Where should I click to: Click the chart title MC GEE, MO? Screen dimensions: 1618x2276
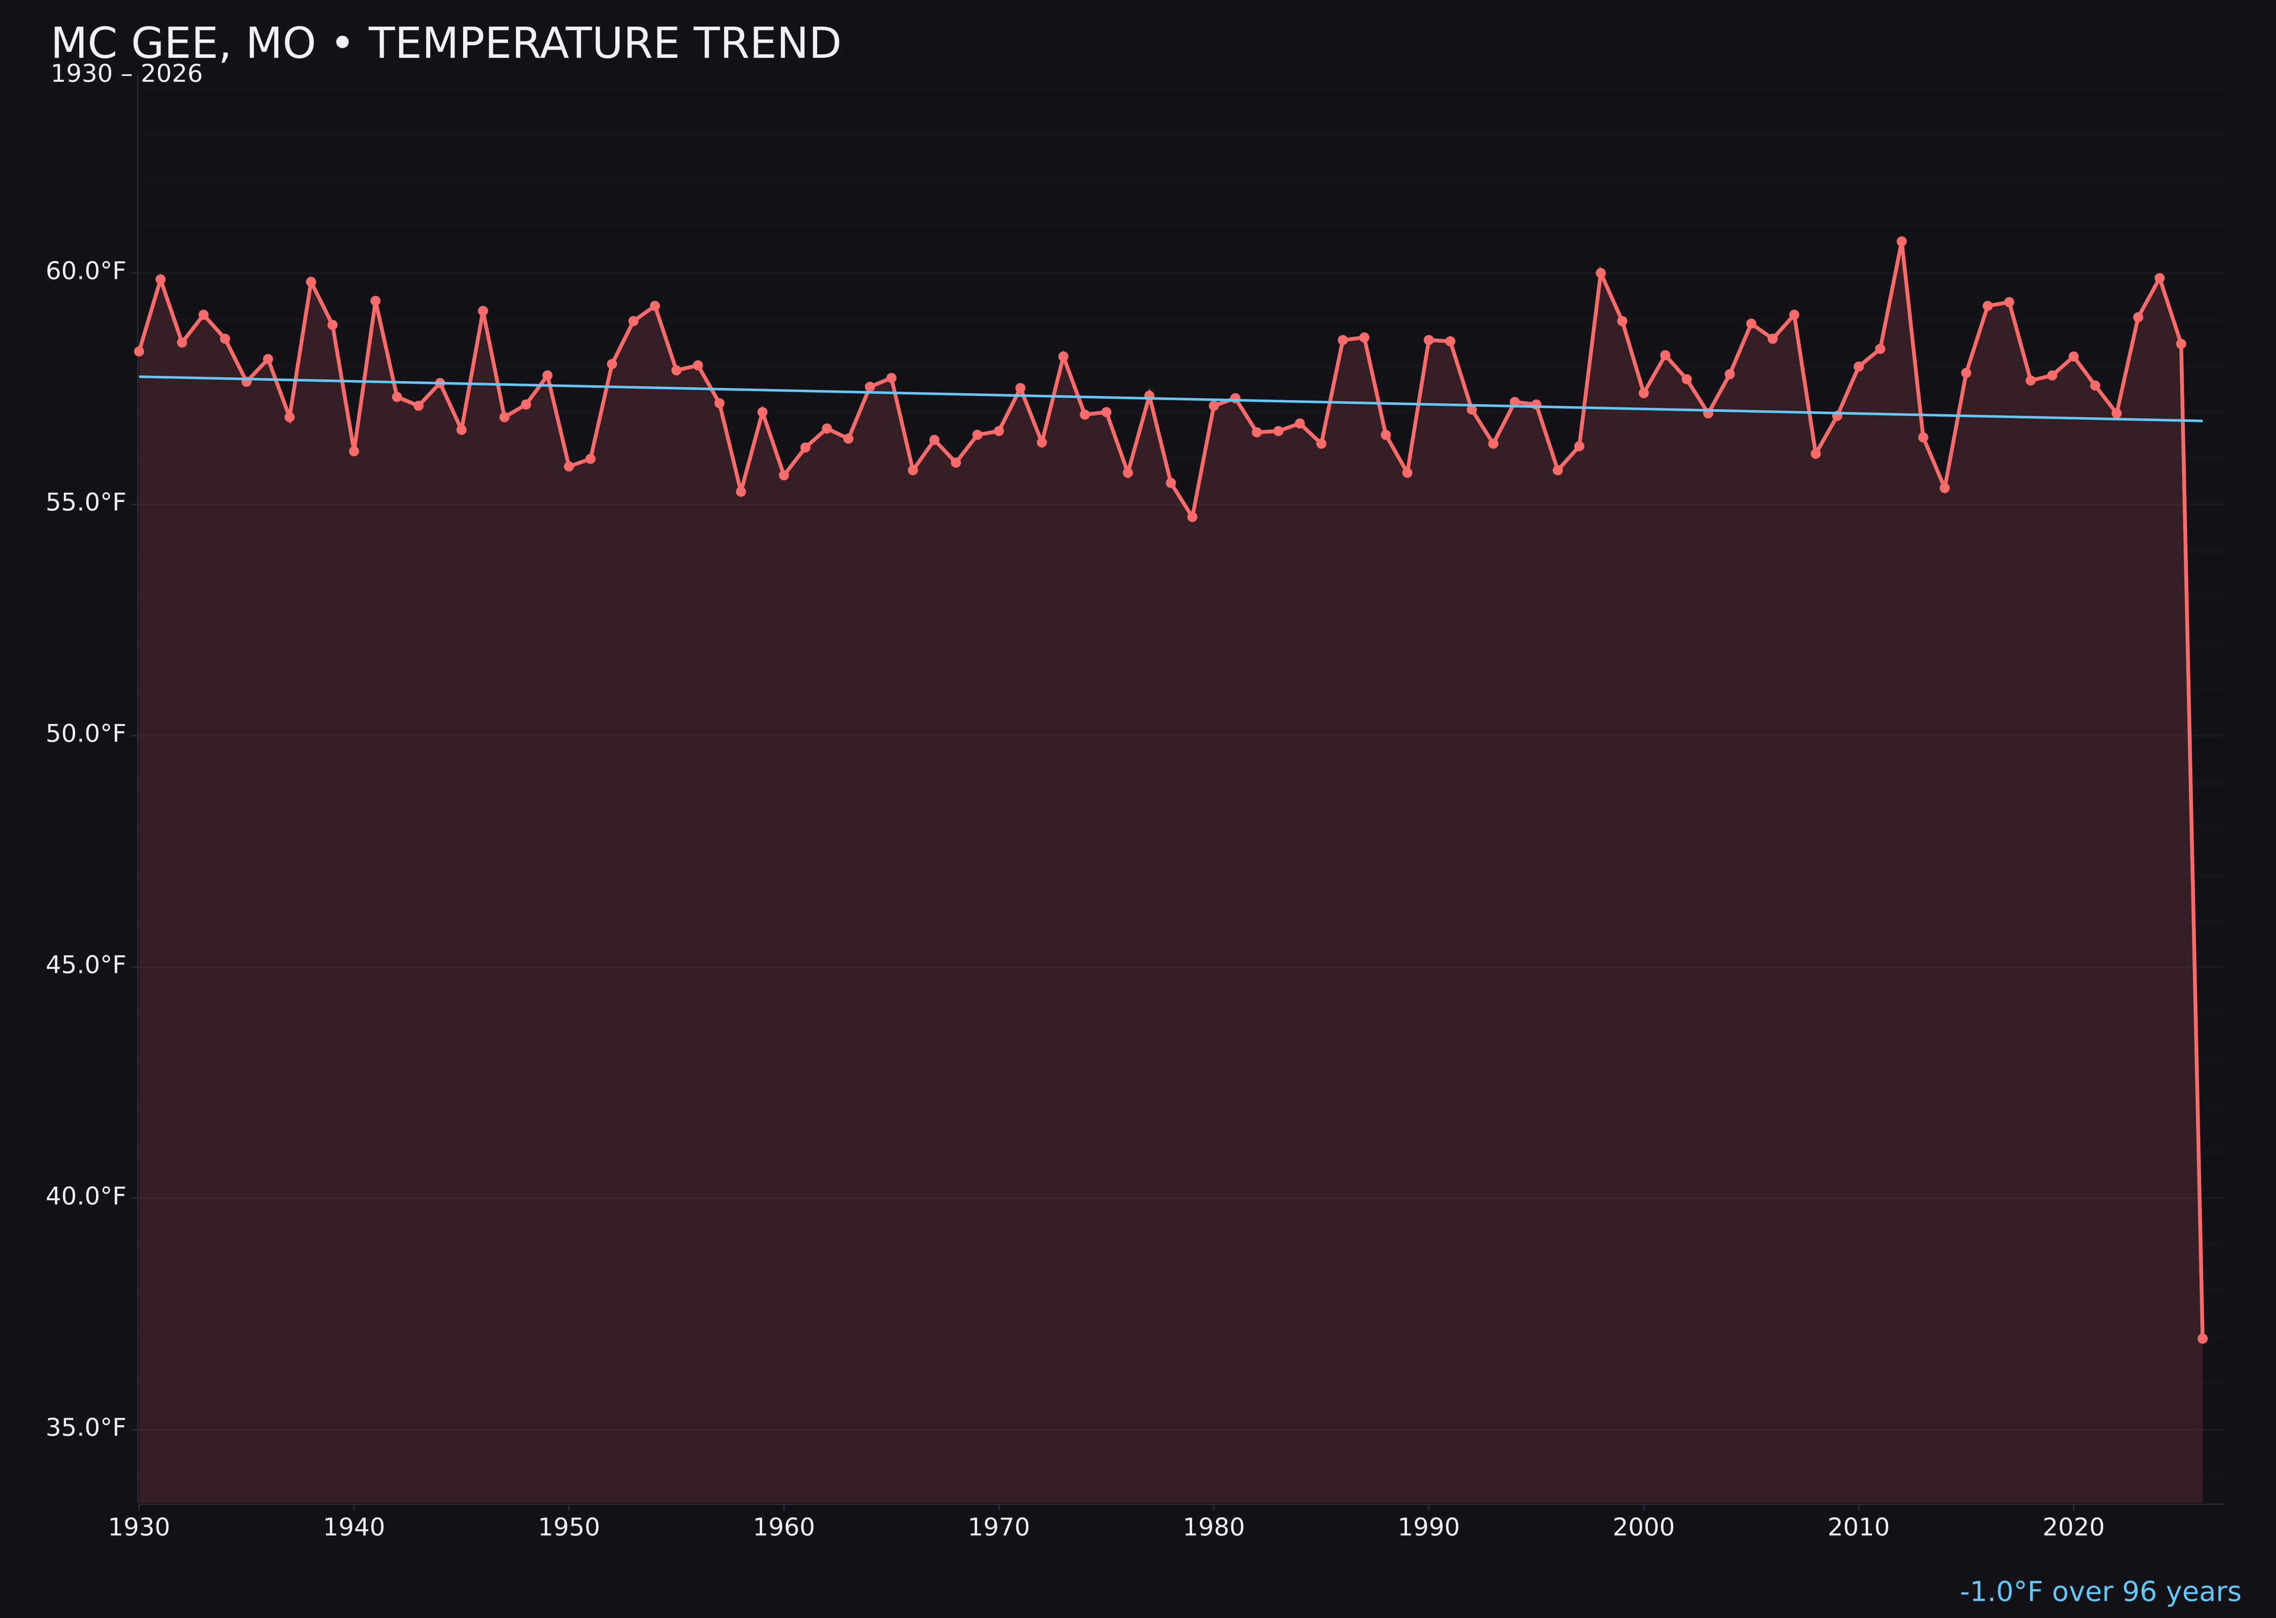point(446,44)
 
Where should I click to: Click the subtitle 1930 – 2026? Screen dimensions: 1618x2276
point(126,75)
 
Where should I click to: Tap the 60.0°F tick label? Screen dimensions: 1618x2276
point(86,271)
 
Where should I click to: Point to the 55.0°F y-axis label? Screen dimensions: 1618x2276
point(86,502)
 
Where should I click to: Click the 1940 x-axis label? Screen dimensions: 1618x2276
point(354,1528)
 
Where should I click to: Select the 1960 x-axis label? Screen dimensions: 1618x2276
point(784,1528)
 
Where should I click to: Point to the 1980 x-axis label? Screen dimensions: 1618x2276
point(1214,1528)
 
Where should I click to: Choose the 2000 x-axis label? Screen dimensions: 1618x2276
point(1643,1528)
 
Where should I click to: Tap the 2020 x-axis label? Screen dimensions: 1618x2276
point(2073,1528)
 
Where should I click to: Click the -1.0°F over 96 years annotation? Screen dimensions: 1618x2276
point(2100,1592)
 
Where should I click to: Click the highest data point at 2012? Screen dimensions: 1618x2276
point(1902,241)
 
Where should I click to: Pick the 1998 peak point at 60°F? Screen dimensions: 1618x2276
point(1601,273)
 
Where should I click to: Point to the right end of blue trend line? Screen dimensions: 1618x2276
point(2201,420)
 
